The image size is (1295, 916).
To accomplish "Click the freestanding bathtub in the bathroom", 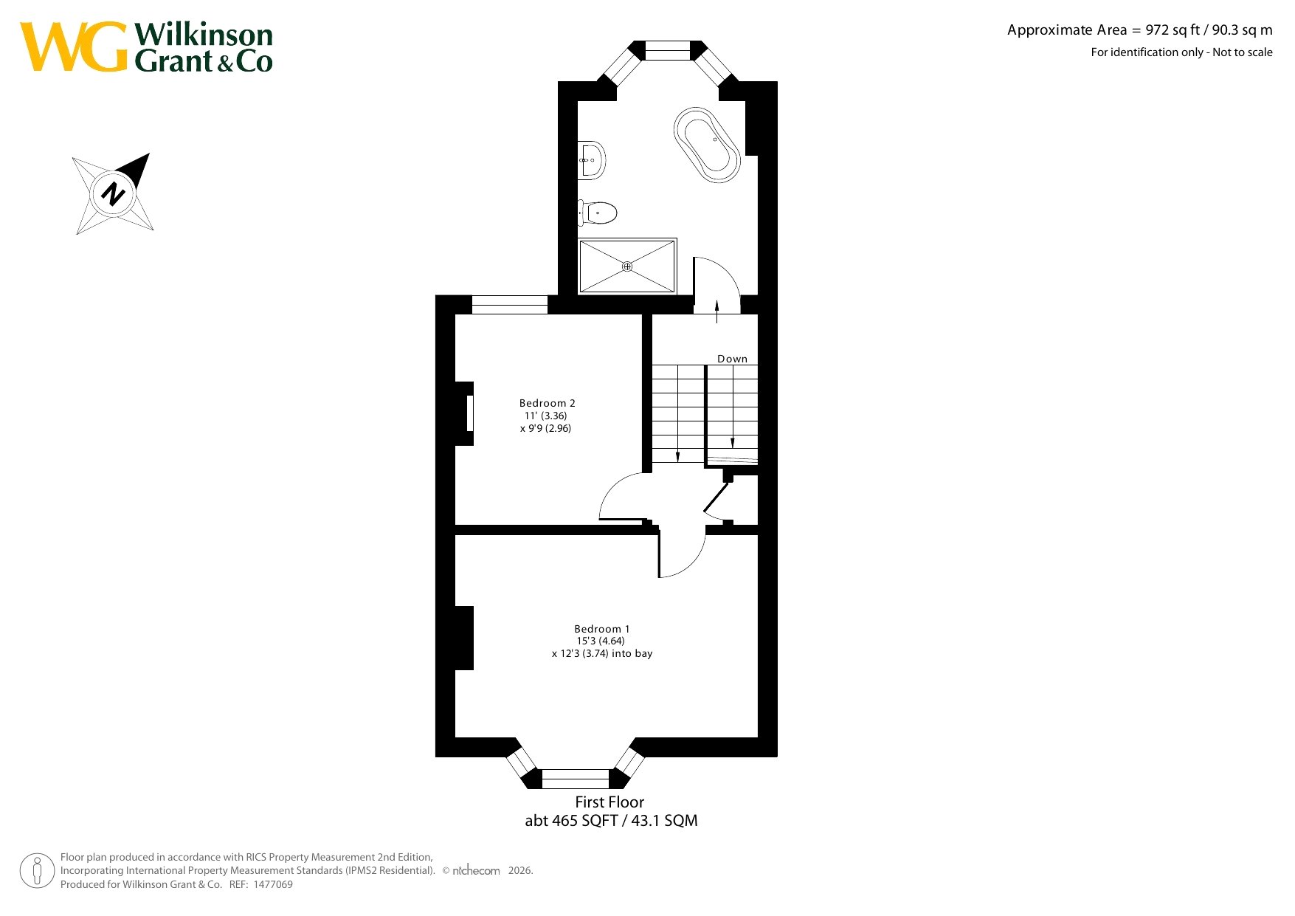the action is pos(706,145).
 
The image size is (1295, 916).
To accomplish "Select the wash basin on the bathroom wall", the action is pos(591,159).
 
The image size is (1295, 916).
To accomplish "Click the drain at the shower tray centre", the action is pos(627,266).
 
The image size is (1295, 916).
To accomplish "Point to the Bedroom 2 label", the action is pos(547,403).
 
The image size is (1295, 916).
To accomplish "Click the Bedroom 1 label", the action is pos(602,629).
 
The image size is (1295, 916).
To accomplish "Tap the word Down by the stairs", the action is pos(732,359).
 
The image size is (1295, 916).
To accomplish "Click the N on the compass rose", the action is pos(113,193).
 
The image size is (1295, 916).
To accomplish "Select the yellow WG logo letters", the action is pos(74,47).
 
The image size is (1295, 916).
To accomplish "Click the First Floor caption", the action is pos(609,802).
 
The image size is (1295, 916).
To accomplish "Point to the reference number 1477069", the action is pos(273,884).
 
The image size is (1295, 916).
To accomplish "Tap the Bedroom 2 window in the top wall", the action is pos(510,305).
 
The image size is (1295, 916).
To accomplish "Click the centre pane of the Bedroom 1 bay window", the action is pos(576,779).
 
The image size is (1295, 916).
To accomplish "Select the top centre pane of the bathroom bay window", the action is pos(667,50).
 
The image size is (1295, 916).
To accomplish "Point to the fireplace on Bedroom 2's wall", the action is pos(465,413).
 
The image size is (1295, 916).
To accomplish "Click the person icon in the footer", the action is pos(37,871).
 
